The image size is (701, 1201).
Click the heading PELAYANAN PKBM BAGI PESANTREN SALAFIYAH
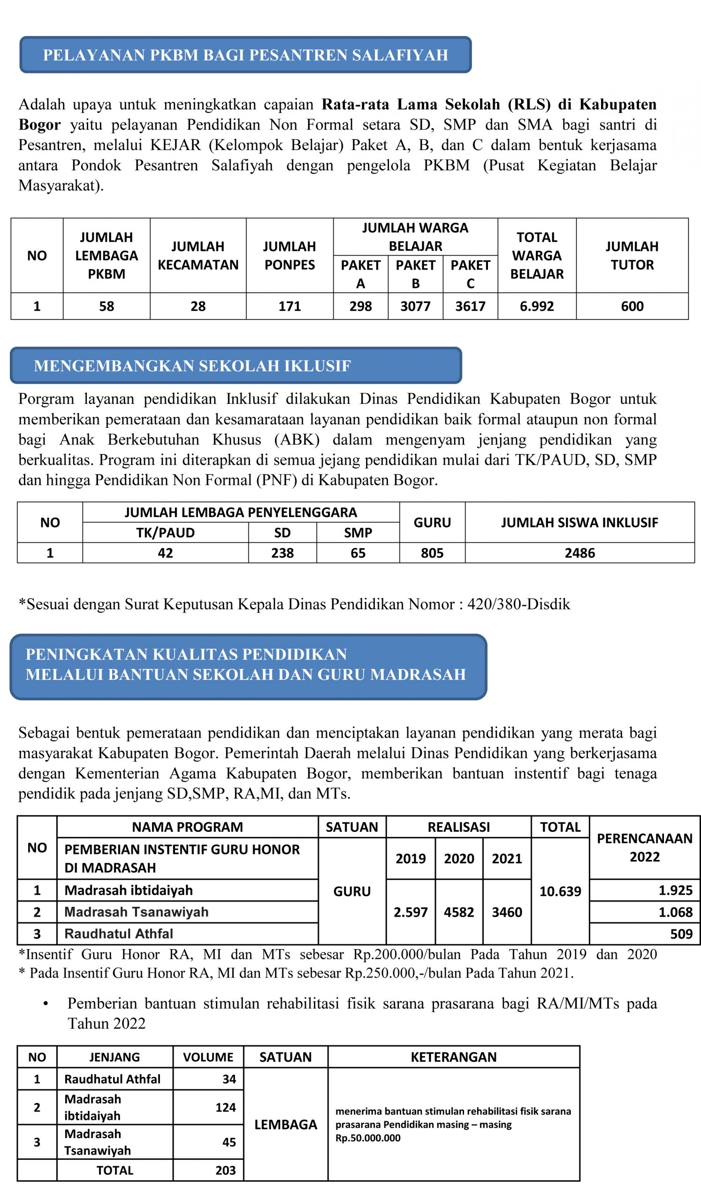245,55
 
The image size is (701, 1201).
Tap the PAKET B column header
415,274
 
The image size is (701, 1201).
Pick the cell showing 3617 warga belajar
470,306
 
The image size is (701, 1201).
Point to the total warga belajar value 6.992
537,306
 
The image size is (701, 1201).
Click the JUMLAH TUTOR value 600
632,306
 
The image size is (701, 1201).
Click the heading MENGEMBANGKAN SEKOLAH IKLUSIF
192,365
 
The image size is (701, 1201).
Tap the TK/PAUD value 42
165,553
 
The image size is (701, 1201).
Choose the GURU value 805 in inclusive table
432,553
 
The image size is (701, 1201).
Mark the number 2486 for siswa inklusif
579,553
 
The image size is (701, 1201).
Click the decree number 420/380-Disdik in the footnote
518,604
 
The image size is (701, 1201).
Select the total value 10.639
560,891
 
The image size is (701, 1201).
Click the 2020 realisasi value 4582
458,912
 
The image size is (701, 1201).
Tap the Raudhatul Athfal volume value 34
229,1079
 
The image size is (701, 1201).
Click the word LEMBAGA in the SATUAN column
285,1125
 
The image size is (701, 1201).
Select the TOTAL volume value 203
225,1171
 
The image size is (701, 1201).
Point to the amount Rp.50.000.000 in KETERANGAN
368,1138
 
